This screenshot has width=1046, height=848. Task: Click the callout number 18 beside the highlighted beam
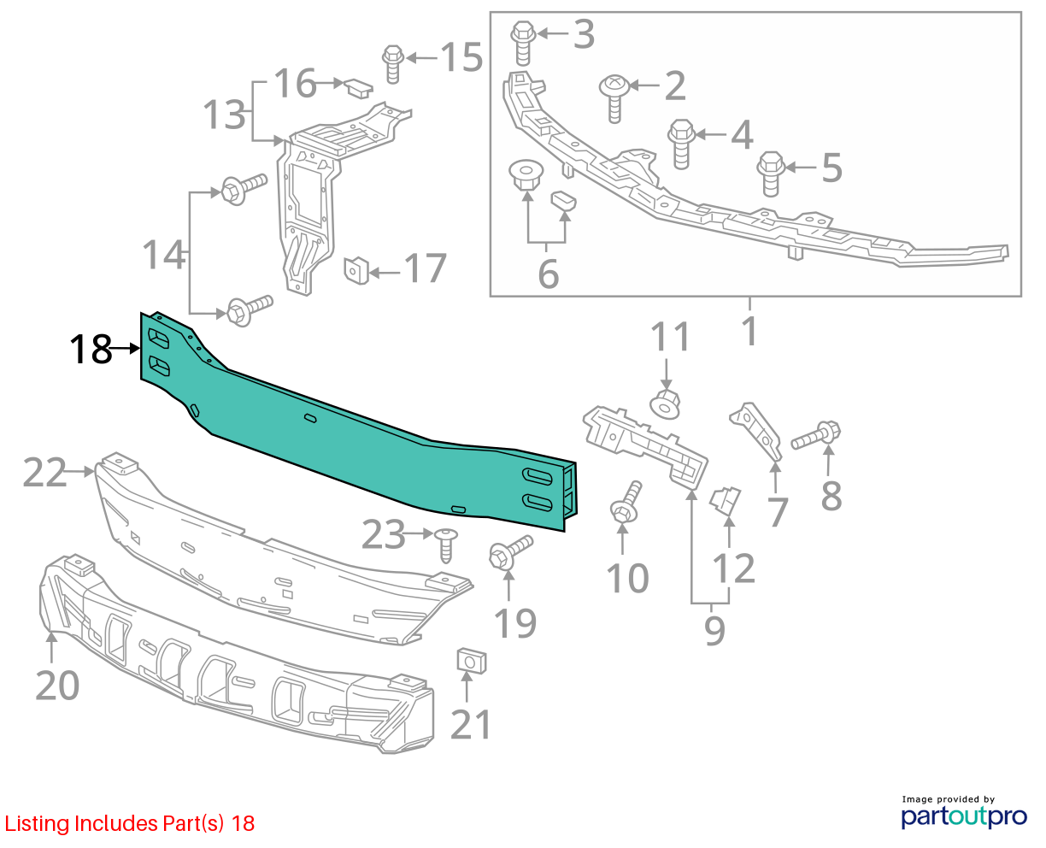tap(91, 350)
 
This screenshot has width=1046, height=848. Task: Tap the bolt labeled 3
tap(523, 44)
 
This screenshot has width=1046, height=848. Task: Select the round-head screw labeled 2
tap(614, 99)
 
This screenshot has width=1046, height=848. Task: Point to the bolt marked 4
tap(681, 144)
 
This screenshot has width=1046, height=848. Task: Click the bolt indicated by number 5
tap(771, 174)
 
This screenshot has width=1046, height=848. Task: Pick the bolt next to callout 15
tap(393, 64)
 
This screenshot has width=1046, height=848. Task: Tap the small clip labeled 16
tap(358, 89)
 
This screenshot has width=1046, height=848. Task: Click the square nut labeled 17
tap(356, 271)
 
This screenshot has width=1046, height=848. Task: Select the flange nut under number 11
tap(665, 403)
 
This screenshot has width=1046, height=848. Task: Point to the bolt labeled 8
tap(815, 436)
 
